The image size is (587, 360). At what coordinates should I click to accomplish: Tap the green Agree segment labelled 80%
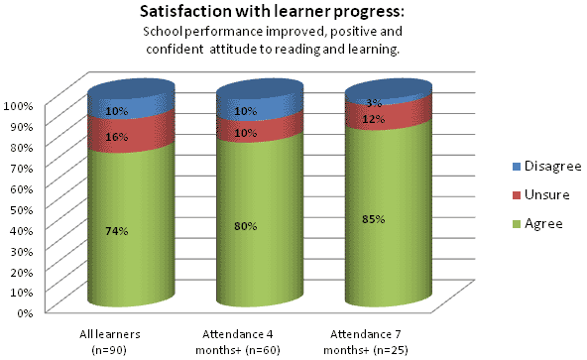246,226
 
